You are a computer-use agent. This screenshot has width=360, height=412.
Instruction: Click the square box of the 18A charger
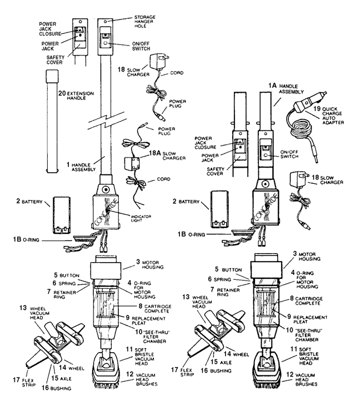point(132,165)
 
